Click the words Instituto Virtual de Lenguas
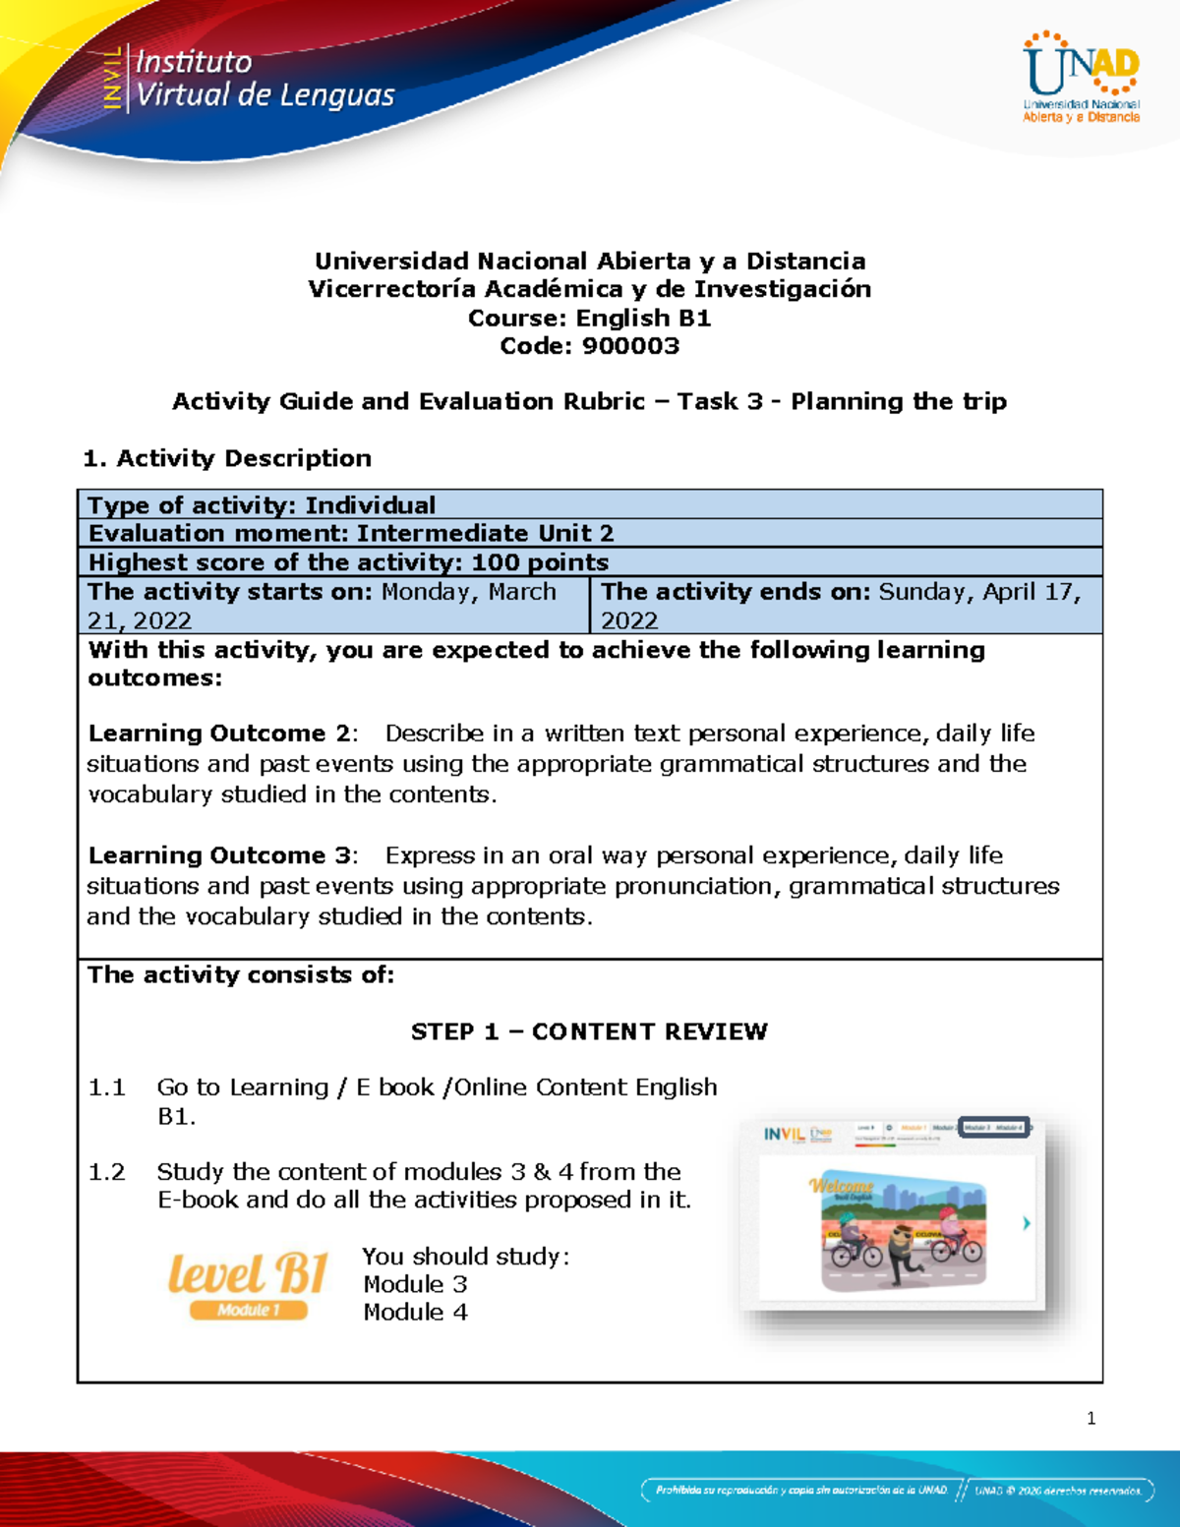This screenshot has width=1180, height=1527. pos(264,79)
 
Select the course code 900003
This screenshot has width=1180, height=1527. pos(630,346)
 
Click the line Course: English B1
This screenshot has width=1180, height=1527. pos(589,318)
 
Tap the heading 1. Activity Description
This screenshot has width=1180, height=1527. pos(227,458)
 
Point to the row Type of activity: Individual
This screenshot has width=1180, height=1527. pos(262,505)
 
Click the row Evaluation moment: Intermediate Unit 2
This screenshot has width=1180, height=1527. pos(351,533)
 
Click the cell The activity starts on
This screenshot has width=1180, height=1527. pos(333,605)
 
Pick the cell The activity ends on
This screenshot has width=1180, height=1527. pos(845,605)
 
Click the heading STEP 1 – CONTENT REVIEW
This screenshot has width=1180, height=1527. pos(589,1031)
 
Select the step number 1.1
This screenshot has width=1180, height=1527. pos(106,1087)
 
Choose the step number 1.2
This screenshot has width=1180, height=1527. pos(106,1172)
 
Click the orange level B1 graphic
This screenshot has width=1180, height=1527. pos(247,1283)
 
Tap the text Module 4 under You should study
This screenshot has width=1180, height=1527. pos(415,1313)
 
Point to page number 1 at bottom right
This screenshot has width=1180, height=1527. pos(1091,1418)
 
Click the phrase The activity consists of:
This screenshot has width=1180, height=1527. pos(241,975)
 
